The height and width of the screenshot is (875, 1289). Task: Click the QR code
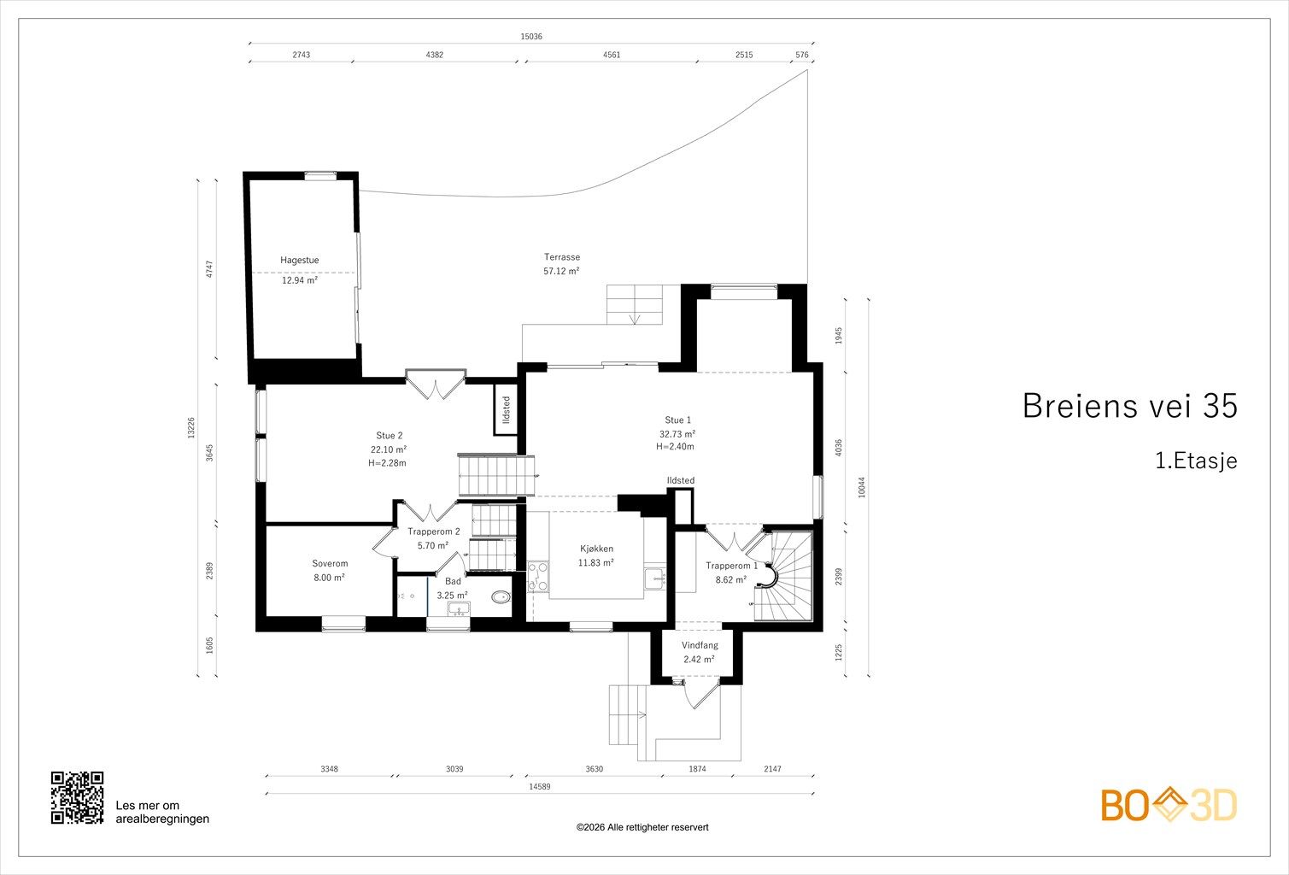point(77,797)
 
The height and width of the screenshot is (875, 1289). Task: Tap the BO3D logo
point(1169,805)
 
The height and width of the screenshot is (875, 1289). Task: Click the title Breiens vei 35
point(1129,406)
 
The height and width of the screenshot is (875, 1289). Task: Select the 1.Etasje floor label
point(1197,461)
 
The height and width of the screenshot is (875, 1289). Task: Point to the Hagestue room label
point(299,261)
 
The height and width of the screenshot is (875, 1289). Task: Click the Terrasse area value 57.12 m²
point(561,271)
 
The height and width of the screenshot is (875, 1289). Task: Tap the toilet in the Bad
point(501,597)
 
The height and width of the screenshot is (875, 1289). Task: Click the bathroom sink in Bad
point(460,608)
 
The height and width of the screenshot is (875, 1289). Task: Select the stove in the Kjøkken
point(538,577)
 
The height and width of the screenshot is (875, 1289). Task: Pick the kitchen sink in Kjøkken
point(655,578)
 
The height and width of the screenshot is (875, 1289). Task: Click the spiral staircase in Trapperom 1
point(783,576)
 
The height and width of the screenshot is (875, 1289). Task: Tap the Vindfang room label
point(700,645)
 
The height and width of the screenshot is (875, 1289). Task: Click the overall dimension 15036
point(531,36)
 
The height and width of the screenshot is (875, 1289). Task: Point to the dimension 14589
point(539,786)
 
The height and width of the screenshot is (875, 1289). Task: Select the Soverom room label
point(330,564)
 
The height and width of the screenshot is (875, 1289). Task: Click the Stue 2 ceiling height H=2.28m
point(387,463)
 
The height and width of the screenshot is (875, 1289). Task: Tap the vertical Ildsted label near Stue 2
point(507,409)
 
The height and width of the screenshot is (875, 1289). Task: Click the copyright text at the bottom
point(642,827)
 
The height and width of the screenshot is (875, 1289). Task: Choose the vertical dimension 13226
point(191,428)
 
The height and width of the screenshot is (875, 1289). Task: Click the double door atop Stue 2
point(436,384)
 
